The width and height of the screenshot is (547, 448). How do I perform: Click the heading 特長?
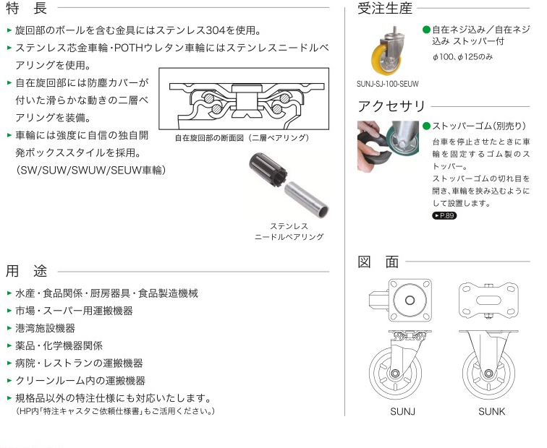click(27, 8)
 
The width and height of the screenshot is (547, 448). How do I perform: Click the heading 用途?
click(27, 271)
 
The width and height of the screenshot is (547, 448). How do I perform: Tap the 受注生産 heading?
click(385, 8)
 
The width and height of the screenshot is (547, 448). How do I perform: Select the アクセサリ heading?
click(391, 106)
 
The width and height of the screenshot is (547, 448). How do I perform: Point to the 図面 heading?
click(378, 262)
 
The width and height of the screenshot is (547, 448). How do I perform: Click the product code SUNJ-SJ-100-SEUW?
click(388, 84)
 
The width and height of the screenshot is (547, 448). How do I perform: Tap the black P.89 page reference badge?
click(444, 215)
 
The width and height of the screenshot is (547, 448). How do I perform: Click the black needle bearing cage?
click(268, 170)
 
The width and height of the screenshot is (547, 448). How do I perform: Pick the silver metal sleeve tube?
click(306, 200)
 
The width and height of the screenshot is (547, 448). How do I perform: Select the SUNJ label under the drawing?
click(402, 411)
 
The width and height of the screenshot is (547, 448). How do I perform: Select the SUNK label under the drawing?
click(492, 411)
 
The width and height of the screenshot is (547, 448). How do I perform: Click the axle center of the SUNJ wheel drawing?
click(396, 374)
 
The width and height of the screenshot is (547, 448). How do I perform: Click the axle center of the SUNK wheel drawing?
click(488, 374)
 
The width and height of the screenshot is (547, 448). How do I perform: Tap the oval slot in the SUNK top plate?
click(488, 300)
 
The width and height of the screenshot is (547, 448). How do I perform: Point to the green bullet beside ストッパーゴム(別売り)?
click(426, 126)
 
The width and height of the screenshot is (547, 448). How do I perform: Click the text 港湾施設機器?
click(46, 328)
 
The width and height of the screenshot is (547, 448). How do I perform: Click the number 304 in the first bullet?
click(216, 30)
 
